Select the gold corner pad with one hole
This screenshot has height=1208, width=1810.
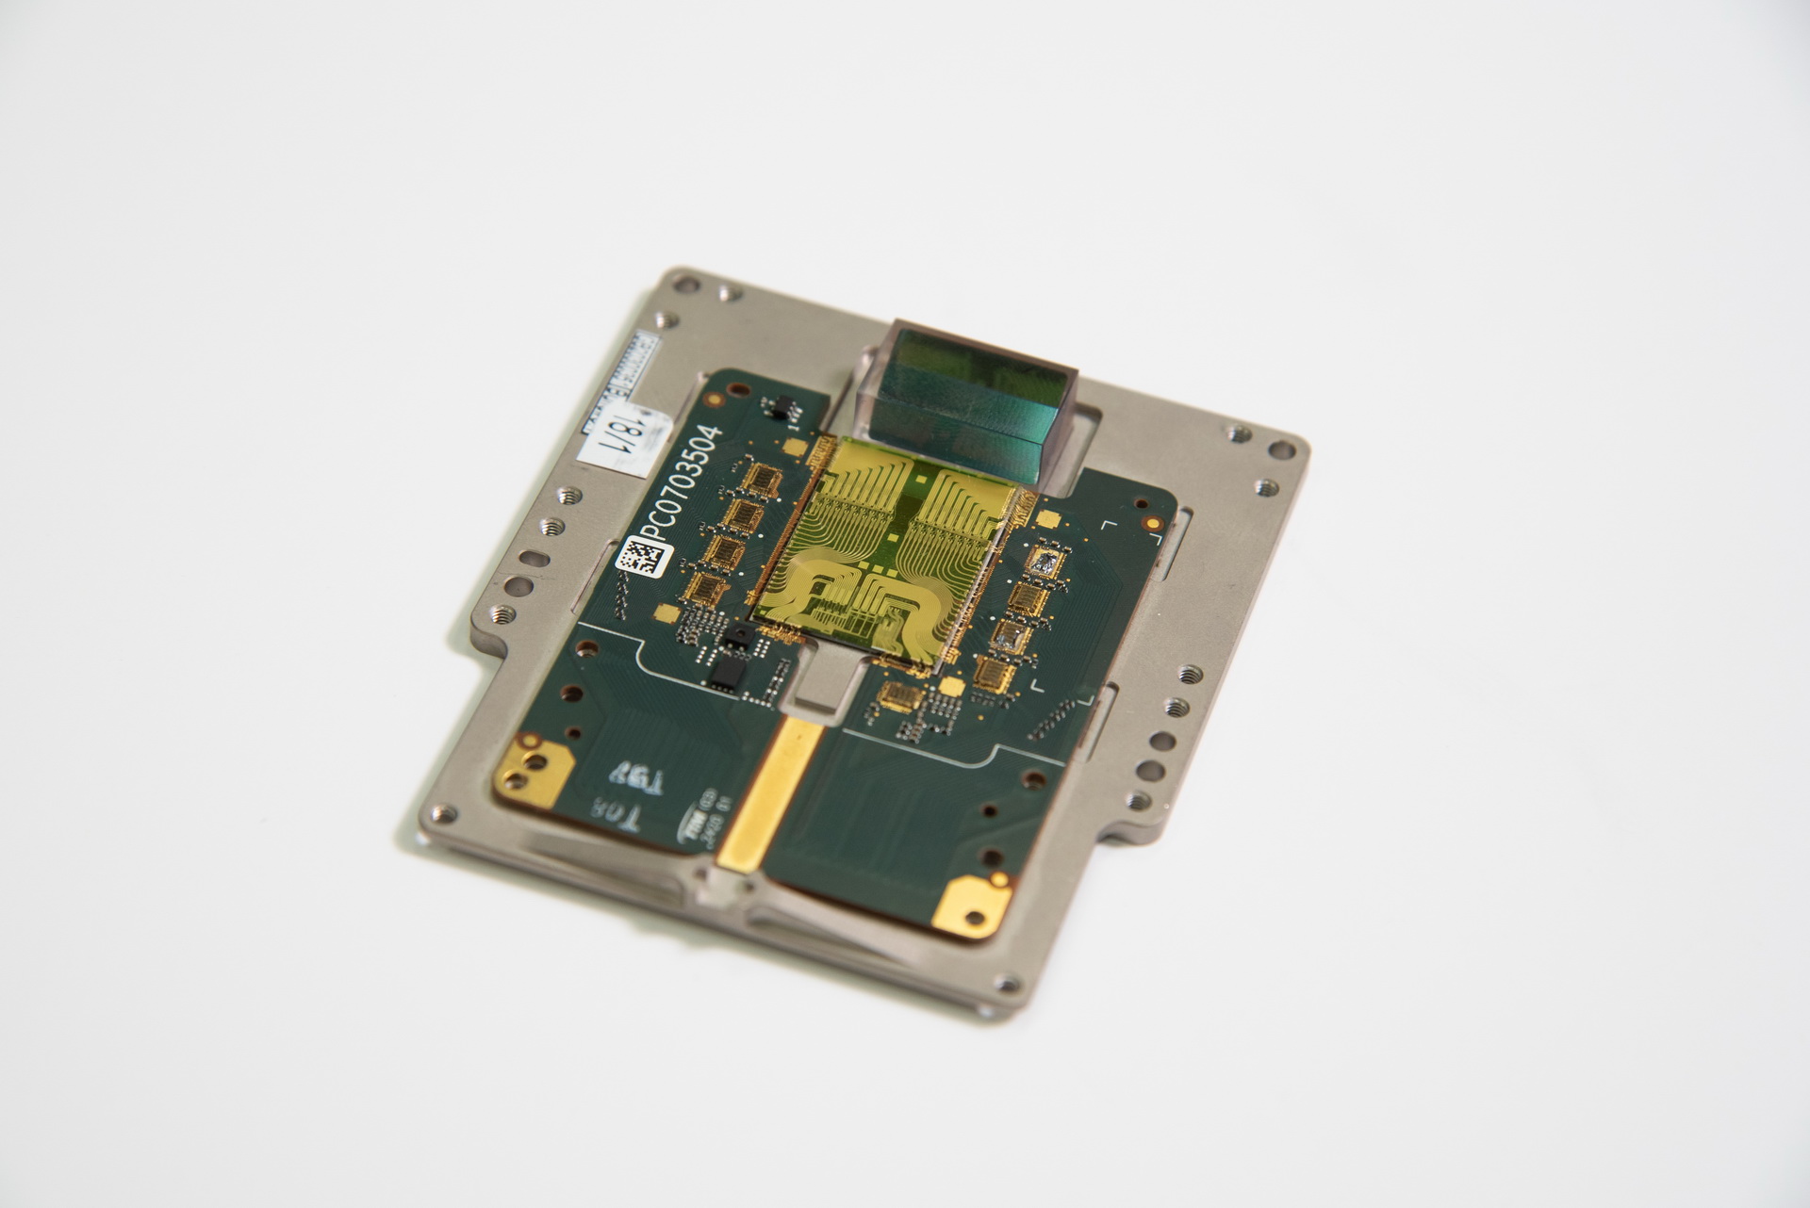[971, 902]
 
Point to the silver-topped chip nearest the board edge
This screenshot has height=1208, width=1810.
[1045, 563]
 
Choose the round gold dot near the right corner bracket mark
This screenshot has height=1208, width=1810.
[1151, 519]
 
